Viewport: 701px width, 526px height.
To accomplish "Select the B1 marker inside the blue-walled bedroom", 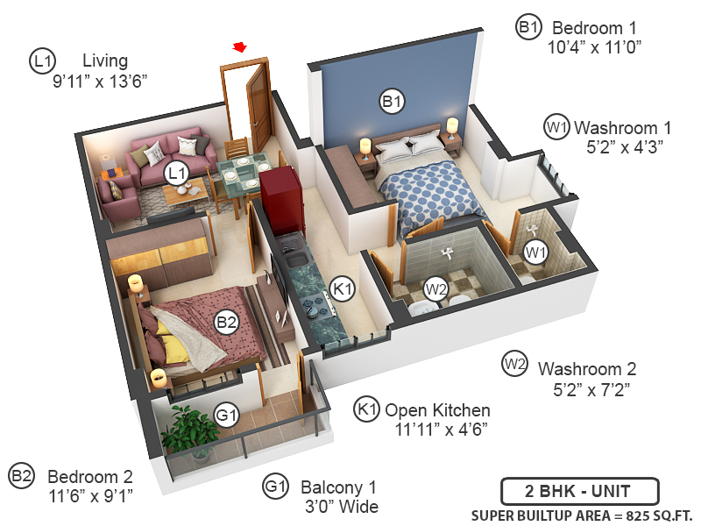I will click(392, 102).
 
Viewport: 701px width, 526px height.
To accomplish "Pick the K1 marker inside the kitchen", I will click(343, 288).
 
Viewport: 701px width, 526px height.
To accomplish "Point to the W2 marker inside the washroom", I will click(435, 288).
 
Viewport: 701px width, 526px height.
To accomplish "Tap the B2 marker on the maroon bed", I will click(227, 323).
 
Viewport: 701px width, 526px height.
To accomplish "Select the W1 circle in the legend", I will click(556, 126).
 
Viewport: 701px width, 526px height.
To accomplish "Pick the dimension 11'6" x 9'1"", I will click(90, 497).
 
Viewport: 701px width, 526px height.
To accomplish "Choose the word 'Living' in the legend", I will click(105, 60).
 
